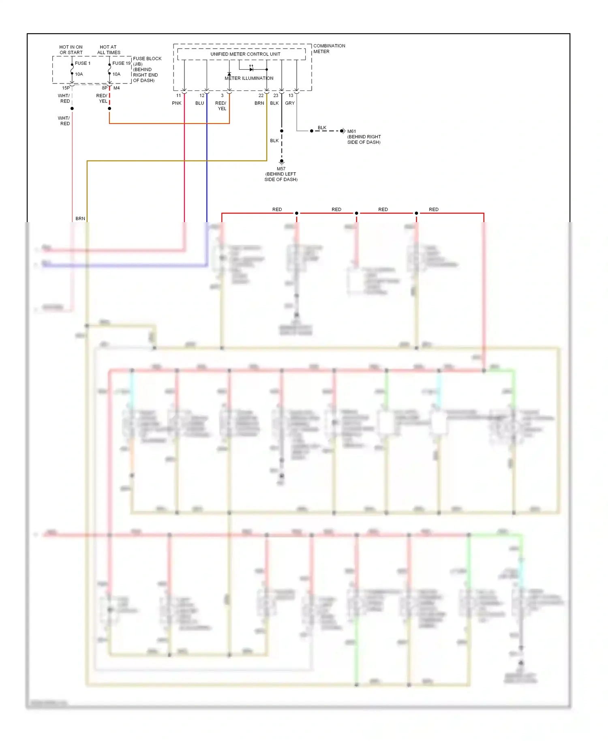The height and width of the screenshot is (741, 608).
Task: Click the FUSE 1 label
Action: point(82,63)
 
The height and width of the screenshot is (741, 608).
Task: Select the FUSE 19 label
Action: point(121,63)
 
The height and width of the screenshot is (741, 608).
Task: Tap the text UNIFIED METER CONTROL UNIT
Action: point(245,54)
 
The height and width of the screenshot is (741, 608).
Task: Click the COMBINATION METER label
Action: point(329,49)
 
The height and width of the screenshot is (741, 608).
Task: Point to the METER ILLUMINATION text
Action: point(249,78)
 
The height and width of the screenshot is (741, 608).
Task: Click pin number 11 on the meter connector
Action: point(178,96)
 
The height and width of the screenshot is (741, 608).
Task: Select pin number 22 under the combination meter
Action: point(261,96)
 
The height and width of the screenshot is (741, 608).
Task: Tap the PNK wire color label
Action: point(177,103)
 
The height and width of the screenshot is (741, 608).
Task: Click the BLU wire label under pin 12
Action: point(199,103)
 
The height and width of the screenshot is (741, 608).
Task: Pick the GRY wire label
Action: point(290,103)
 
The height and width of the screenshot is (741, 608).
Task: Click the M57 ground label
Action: point(281,169)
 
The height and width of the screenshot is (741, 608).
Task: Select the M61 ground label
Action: point(351,131)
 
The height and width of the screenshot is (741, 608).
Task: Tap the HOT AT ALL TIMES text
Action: point(109,50)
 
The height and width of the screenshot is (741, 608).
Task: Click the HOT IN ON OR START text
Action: point(71,50)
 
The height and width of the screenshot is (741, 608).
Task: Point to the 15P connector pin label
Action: point(66,88)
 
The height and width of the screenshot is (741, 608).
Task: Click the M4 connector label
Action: point(117,88)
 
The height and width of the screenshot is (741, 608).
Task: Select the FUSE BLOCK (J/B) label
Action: point(147,61)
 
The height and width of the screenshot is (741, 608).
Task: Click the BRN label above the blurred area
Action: point(80,218)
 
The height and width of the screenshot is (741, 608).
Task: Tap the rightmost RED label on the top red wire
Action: point(433,210)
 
